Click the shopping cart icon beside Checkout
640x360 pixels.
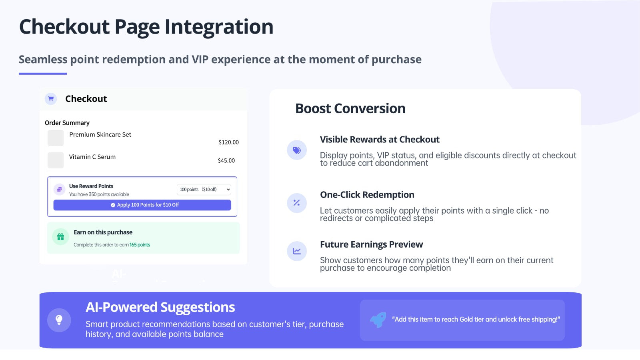pos(51,99)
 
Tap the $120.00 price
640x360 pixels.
pos(228,142)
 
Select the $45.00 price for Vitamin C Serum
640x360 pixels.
pos(226,160)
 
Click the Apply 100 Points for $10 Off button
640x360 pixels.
pos(142,205)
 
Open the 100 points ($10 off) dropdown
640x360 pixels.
pos(204,190)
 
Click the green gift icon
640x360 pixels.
pos(60,236)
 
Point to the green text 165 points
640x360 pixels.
pos(140,245)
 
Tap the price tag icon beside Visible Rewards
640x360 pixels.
pos(296,150)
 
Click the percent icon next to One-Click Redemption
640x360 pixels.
pos(296,203)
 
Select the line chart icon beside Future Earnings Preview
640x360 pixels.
pos(296,251)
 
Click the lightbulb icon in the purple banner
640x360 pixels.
pos(59,320)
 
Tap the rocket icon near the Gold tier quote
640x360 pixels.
pos(378,320)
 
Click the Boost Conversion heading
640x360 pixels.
pos(350,108)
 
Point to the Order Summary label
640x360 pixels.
pos(67,123)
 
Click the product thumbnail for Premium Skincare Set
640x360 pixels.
pos(56,138)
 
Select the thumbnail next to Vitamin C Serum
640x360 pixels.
pos(56,160)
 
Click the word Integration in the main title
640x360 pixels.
pos(219,27)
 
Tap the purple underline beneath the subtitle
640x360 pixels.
pos(43,74)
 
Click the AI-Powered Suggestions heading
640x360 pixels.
pos(160,307)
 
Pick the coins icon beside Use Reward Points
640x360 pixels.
pos(60,189)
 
